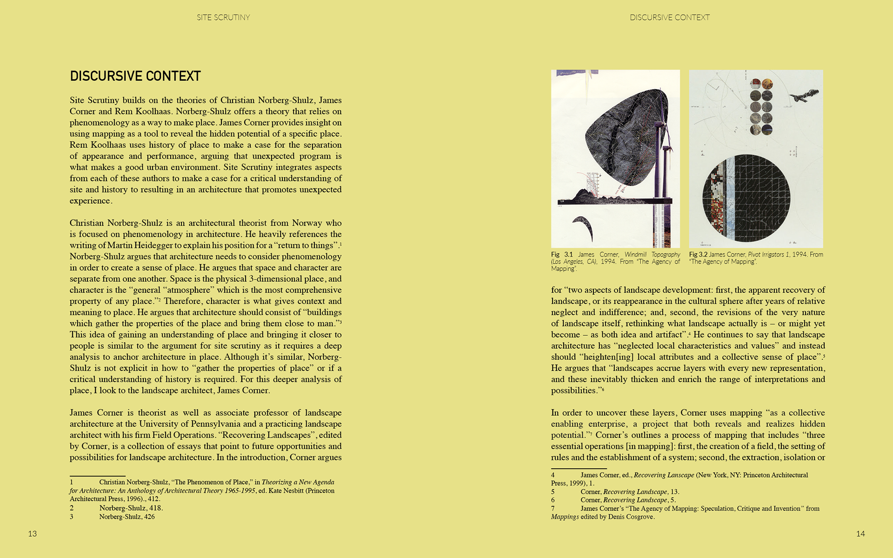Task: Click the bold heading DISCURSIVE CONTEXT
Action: (135, 76)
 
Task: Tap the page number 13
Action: (32, 534)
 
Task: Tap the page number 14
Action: (860, 534)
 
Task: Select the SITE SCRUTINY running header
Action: (223, 18)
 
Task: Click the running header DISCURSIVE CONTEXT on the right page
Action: (670, 18)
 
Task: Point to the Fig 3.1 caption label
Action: (562, 255)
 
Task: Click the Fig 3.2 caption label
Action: (698, 255)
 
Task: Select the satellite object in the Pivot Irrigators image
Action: (804, 95)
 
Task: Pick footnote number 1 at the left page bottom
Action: (72, 482)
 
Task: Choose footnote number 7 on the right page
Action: (553, 509)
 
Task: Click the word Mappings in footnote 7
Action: (565, 517)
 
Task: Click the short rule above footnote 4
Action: (579, 468)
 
